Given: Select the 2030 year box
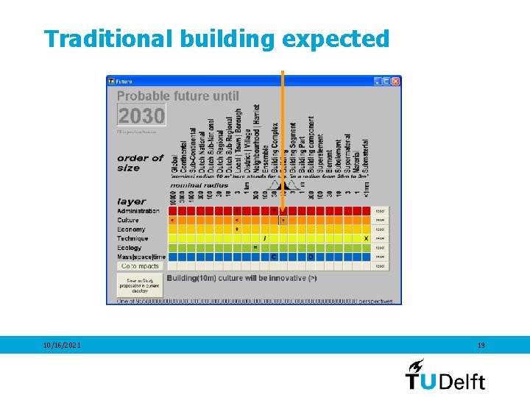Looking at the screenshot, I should [x=141, y=115].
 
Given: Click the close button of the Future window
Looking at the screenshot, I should [x=395, y=81].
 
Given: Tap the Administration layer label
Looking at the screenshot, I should [x=138, y=211].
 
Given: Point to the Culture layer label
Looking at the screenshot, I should [x=127, y=220].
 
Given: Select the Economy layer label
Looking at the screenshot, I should [x=131, y=229].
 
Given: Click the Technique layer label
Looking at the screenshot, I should [x=132, y=238].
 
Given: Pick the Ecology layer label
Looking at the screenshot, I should [x=130, y=248].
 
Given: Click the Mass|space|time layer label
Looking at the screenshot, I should [x=140, y=257].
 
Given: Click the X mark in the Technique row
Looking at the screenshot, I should [x=366, y=238].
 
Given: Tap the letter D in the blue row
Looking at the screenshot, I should [x=311, y=257].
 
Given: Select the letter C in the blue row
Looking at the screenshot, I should [x=274, y=257].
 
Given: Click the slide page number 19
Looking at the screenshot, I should [x=481, y=345].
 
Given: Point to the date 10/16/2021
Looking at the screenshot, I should [x=61, y=345].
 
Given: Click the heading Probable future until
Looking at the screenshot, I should [x=178, y=96].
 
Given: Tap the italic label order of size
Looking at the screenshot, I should [x=139, y=162].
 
